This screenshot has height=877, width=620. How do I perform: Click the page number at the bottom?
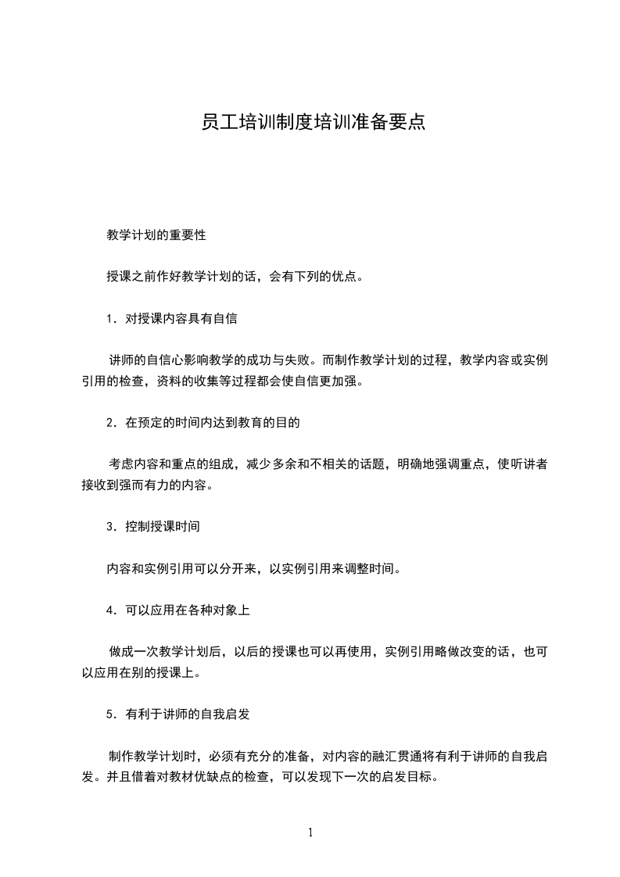[310, 832]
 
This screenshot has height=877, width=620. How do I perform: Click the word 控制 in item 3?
[138, 526]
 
